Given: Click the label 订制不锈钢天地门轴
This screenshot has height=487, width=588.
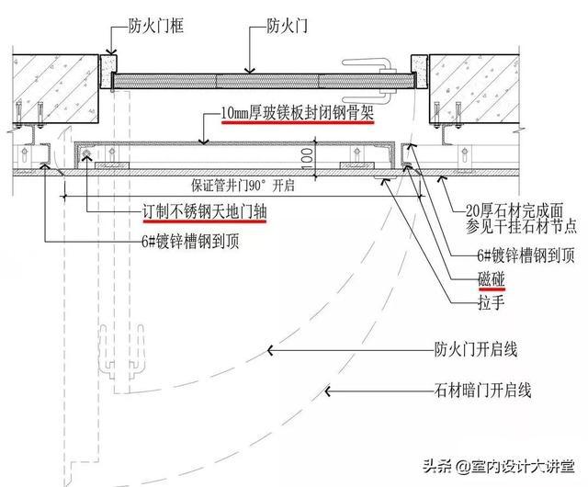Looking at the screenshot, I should click(193, 211).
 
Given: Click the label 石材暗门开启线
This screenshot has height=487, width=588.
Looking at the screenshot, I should click(482, 391).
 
